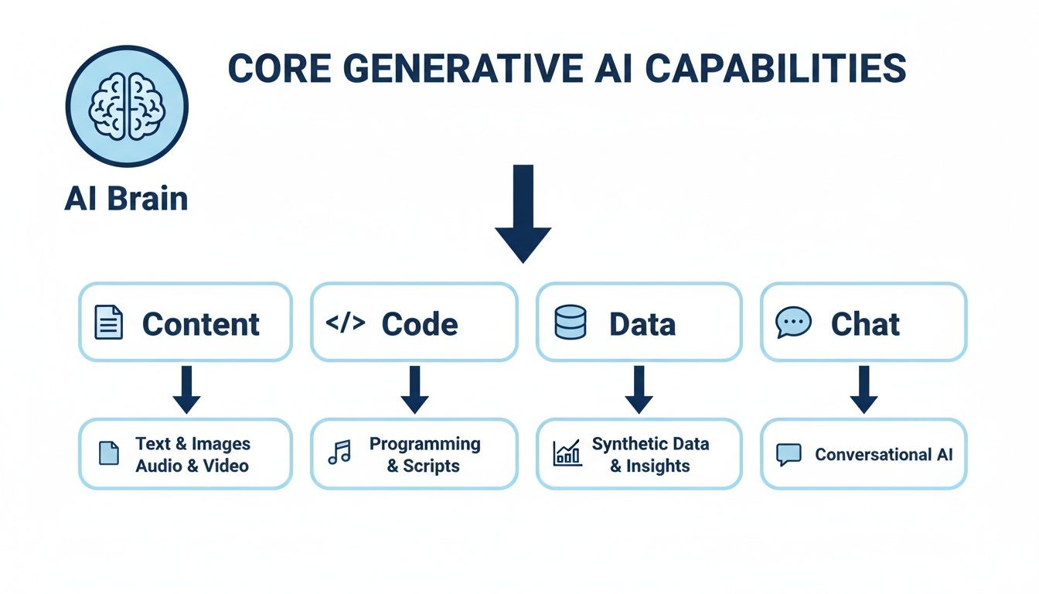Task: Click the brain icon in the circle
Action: tap(128, 106)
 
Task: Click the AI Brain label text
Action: tap(126, 199)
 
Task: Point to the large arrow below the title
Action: tap(523, 213)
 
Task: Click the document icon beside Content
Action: tap(108, 322)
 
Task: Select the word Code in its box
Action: tap(420, 323)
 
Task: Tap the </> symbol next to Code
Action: tap(345, 323)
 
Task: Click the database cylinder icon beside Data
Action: tap(571, 322)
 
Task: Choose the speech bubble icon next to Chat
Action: tap(793, 322)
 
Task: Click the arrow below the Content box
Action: tap(186, 389)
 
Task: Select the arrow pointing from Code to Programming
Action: tap(414, 389)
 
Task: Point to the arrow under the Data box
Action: tap(639, 389)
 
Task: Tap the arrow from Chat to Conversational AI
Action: tap(864, 389)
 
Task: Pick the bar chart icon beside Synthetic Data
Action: tap(567, 453)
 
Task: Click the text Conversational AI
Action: tap(884, 454)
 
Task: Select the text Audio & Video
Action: tap(192, 466)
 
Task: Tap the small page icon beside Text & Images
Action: tap(109, 453)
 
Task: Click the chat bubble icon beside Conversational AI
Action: tap(789, 454)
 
